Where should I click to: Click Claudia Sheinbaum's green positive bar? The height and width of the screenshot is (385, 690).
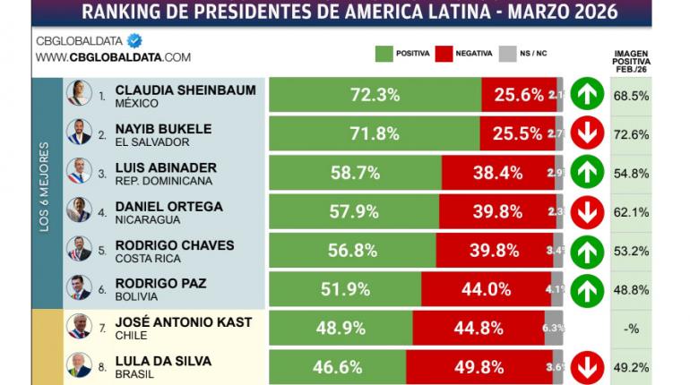tap(375, 94)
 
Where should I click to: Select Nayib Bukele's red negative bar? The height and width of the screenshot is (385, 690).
tap(517, 133)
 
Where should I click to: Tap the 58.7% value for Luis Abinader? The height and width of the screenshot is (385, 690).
tap(354, 173)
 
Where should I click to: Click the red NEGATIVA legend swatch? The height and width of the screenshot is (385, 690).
tap(443, 54)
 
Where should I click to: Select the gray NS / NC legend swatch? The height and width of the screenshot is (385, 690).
tap(507, 54)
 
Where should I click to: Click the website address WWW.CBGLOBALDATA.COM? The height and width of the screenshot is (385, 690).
tap(113, 57)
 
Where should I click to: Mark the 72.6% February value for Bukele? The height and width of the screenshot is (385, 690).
tap(631, 133)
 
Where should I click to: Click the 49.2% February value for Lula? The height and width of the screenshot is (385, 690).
tap(631, 367)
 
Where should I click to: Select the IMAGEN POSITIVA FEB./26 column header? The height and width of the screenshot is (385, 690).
tap(631, 61)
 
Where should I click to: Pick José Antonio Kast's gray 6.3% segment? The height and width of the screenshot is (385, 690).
tap(554, 328)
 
